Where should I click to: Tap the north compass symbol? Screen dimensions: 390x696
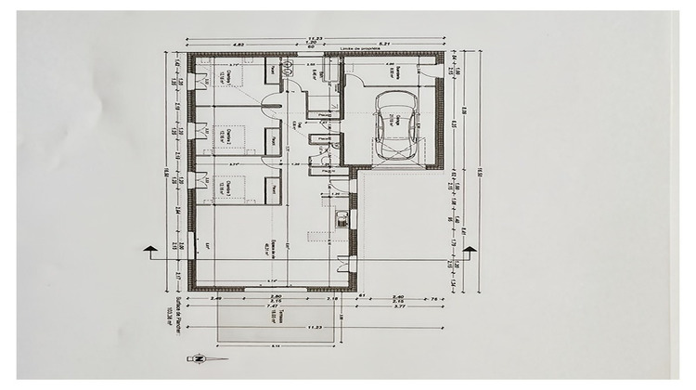[200, 357]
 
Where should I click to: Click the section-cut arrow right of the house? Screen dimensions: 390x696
[469, 249]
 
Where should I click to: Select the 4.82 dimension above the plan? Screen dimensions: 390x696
[238, 44]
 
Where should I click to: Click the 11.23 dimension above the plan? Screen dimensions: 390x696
[314, 38]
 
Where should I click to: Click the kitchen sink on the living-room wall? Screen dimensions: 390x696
[342, 220]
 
